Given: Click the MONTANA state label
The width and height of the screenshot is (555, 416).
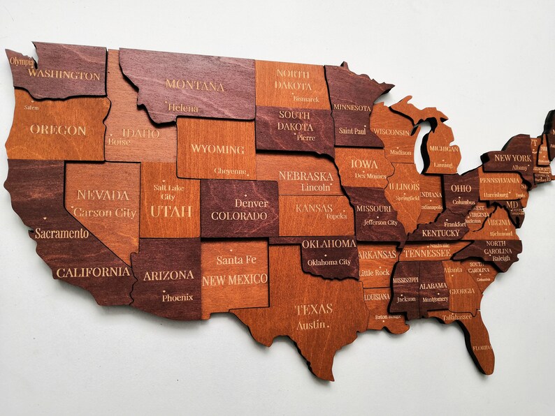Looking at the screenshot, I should click(194, 86).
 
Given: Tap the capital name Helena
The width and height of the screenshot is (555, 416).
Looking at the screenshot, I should click(183, 108).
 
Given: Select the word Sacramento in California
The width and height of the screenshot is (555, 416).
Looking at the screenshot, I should click(62, 233).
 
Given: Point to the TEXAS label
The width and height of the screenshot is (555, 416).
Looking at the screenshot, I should click(313, 309).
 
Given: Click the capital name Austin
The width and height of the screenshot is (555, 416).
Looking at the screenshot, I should click(311, 325).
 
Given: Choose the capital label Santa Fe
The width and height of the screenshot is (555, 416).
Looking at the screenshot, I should click(235, 260).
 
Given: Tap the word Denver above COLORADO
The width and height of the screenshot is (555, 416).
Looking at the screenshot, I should click(251, 203).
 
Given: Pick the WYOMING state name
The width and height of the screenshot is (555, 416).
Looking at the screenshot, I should click(217, 149).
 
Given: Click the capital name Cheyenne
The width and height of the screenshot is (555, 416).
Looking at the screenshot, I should click(231, 171).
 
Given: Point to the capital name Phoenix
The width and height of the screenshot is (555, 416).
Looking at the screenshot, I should click(178, 297).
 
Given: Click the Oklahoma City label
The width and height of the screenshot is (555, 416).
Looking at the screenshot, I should click(329, 262).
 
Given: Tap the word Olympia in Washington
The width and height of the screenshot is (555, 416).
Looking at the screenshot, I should click(22, 61).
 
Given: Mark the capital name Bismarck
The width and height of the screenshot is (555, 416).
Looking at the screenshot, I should click(305, 99).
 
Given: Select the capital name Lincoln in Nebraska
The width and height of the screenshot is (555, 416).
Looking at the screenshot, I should click(315, 188).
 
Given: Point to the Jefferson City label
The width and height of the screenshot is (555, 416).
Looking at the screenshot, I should click(380, 223).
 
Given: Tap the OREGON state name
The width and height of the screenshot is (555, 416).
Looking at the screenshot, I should click(58, 130).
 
